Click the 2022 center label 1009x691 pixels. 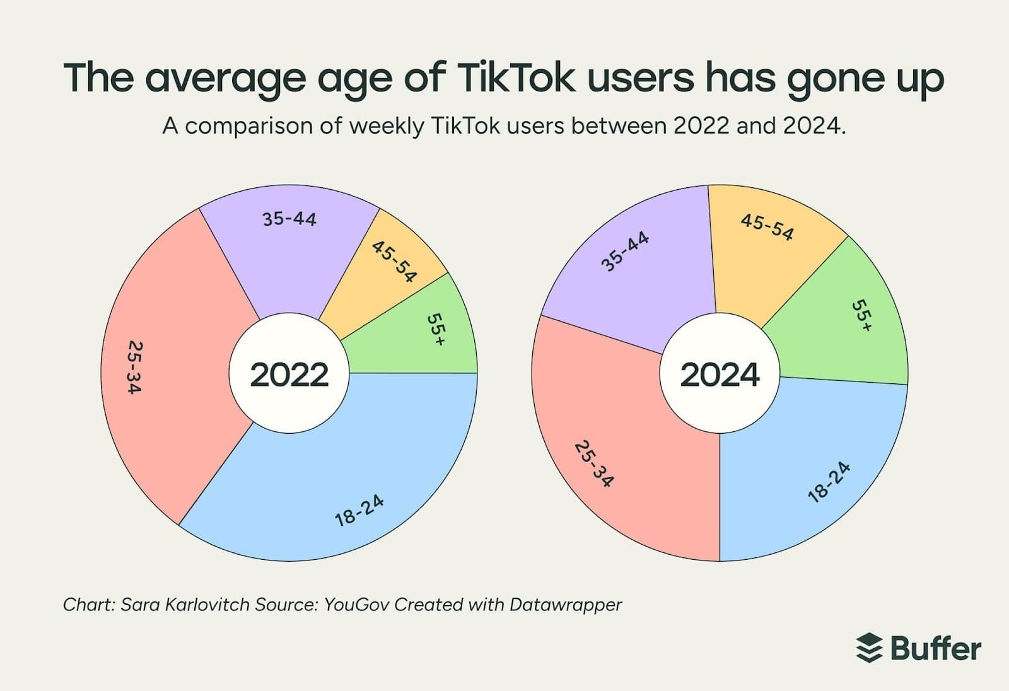(289, 375)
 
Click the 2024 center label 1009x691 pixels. (720, 375)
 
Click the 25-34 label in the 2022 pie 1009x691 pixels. (134, 367)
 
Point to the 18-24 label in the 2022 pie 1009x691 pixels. (359, 511)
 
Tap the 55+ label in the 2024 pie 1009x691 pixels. (861, 315)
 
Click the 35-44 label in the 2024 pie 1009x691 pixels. (625, 251)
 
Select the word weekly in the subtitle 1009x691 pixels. (387, 126)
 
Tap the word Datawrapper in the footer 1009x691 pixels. (565, 605)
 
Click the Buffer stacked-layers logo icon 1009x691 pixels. (869, 647)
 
